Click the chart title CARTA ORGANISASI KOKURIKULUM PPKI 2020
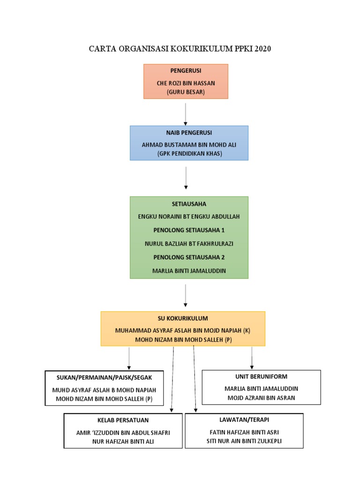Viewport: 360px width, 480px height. click(x=180, y=49)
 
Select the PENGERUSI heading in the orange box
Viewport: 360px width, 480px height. click(x=186, y=71)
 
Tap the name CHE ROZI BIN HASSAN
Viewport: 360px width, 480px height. click(x=186, y=83)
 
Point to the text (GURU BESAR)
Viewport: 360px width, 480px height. click(x=186, y=92)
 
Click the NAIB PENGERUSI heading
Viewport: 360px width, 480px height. click(x=189, y=133)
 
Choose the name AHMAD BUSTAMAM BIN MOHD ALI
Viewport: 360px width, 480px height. click(x=189, y=145)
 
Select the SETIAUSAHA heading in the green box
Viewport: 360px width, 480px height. click(x=189, y=204)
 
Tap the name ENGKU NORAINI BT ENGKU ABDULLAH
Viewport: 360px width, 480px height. click(x=189, y=217)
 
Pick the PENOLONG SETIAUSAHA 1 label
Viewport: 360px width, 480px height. click(x=189, y=230)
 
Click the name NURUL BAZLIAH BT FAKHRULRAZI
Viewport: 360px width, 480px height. click(x=189, y=244)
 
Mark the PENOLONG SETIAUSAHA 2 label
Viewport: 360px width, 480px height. click(x=189, y=257)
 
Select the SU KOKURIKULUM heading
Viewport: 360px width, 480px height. click(x=183, y=318)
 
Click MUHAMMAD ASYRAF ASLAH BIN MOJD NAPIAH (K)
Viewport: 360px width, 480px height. click(x=183, y=330)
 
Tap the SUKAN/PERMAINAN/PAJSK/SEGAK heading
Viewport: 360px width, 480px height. click(x=104, y=377)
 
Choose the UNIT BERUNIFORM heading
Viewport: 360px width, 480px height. click(x=261, y=376)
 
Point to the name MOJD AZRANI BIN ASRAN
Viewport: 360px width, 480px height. click(x=261, y=398)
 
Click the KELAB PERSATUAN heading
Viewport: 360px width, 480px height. click(x=122, y=420)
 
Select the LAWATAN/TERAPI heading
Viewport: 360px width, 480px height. click(x=244, y=420)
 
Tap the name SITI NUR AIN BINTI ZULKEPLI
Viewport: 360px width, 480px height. click(x=244, y=441)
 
